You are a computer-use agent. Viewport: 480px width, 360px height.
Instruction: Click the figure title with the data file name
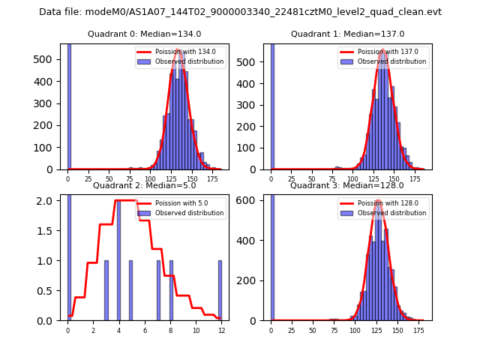tap(240, 12)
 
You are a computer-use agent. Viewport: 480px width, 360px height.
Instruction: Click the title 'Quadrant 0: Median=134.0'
tap(144, 34)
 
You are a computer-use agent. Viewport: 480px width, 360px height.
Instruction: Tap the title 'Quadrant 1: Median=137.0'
tap(347, 34)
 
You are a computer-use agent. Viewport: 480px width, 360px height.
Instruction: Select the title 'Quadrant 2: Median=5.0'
tap(144, 185)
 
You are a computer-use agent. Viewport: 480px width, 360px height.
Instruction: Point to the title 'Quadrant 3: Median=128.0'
tap(347, 185)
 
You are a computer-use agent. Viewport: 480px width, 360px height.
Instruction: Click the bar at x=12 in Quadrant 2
tap(220, 290)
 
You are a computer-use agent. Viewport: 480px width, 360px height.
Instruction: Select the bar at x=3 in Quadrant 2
tap(106, 290)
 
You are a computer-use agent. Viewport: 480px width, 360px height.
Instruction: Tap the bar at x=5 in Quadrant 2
tap(130, 290)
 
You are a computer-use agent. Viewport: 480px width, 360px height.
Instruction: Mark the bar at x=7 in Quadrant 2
tap(158, 290)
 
